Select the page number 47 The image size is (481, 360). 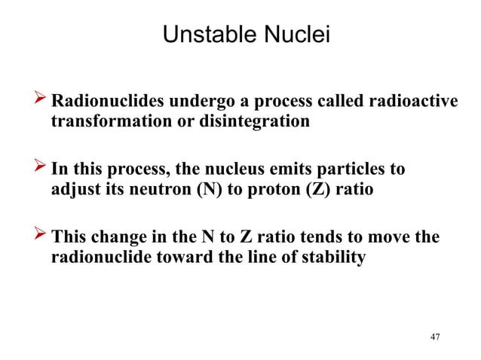click(x=434, y=337)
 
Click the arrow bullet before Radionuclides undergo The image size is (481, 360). click(x=36, y=101)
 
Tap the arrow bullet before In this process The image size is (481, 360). click(x=36, y=169)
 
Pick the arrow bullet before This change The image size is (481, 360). click(x=36, y=237)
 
